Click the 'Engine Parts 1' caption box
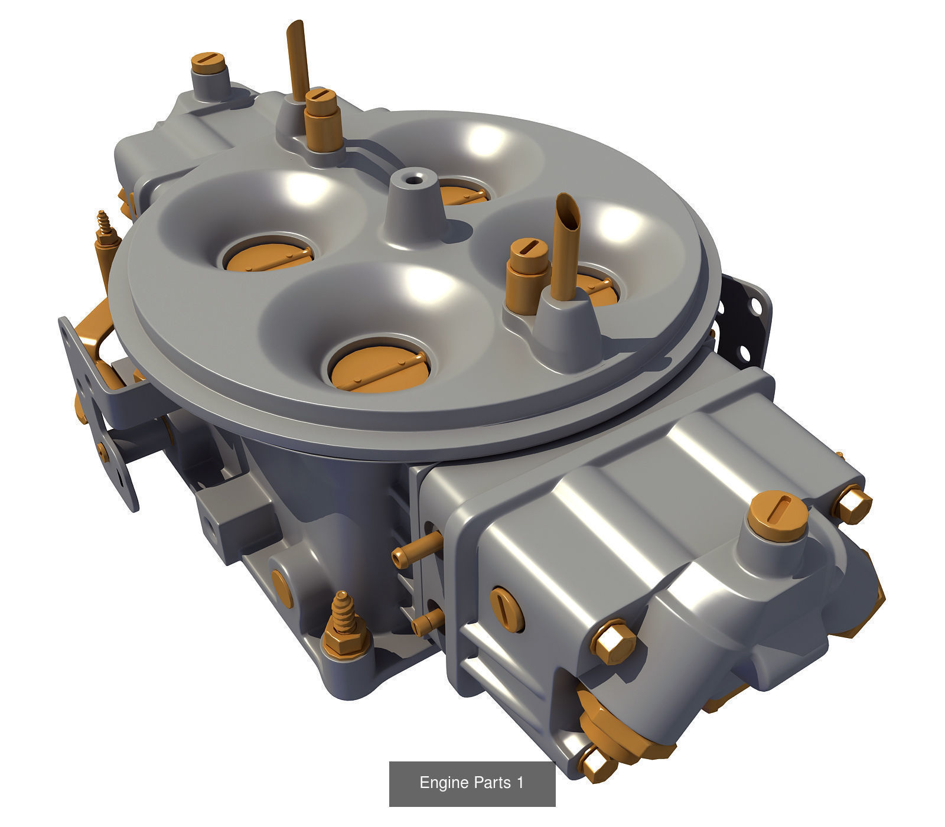[x=472, y=783]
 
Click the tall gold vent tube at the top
[x=296, y=56]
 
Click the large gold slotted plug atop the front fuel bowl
[x=777, y=513]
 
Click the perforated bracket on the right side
[x=747, y=322]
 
